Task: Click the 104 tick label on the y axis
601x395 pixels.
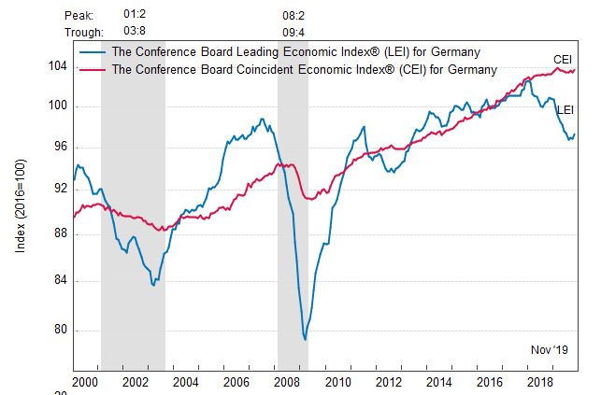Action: pos(58,66)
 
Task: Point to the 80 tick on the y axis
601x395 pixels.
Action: pos(61,330)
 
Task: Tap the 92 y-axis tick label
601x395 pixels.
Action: pos(61,189)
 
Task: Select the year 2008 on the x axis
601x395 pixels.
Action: pos(286,383)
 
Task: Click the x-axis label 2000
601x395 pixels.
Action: pos(84,383)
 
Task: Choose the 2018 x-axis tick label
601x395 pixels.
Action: pos(539,383)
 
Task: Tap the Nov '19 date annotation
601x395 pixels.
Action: pos(550,349)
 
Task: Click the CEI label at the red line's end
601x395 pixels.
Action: pos(563,59)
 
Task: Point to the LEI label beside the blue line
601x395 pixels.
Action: pos(565,110)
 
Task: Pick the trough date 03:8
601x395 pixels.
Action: pos(136,33)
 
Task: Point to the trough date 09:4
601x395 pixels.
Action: pos(293,33)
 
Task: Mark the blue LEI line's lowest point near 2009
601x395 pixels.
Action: pos(305,339)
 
